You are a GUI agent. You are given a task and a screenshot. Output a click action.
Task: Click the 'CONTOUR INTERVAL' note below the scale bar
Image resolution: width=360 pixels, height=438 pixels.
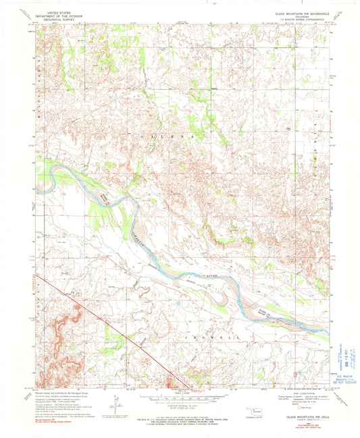point(179,404)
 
